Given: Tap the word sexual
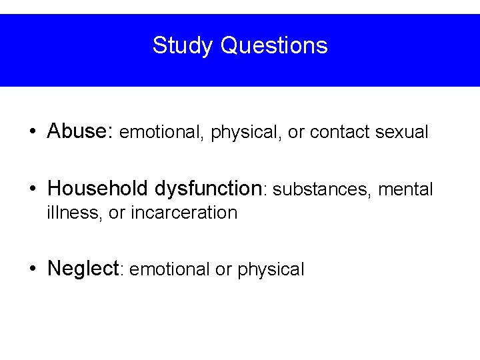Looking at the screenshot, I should tap(402, 132).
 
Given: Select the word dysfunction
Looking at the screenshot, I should tap(210, 189).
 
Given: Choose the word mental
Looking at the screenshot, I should tap(405, 190).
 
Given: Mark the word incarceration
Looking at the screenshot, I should tap(184, 213).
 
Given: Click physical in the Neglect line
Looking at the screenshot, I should tap(271, 270).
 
